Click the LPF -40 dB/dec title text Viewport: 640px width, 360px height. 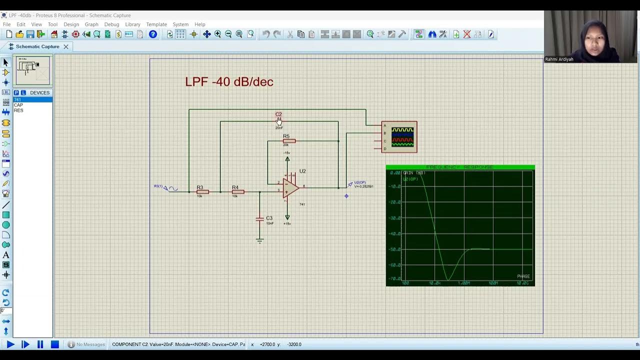pos(229,81)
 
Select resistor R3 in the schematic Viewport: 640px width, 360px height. pos(202,191)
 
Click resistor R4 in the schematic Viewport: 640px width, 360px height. pos(237,191)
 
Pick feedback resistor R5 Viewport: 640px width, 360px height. pos(289,141)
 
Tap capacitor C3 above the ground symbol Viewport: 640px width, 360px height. pos(259,218)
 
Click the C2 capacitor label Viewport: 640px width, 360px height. pos(278,114)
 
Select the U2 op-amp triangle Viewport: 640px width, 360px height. pos(290,188)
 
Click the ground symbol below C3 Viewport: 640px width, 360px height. pos(259,241)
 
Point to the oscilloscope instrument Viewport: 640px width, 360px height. pos(399,136)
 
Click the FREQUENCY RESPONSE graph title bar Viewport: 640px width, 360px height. pos(460,167)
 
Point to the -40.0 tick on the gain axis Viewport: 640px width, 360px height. pos(395,233)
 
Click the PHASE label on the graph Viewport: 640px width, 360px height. pos(523,276)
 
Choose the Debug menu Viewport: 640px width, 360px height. pos(111,24)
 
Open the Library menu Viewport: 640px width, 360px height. pos(132,24)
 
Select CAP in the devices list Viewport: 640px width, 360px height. pos(18,105)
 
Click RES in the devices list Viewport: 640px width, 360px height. pos(18,110)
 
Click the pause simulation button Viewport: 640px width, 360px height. pos(40,344)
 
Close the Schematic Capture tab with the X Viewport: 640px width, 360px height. pos(65,46)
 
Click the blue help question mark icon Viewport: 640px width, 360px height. pos(153,34)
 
